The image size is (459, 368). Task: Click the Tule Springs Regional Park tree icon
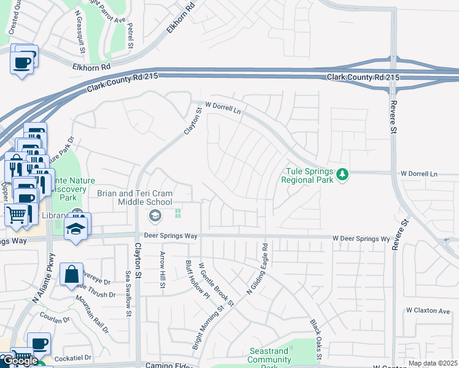(342, 175)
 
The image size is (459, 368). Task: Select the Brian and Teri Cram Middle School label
(135, 197)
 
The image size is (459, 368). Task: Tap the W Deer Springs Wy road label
(361, 238)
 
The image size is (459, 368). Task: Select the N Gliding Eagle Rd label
(257, 269)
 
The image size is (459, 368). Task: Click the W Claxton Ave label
(428, 311)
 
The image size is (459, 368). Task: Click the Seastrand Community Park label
(274, 355)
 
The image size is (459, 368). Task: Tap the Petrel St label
(130, 36)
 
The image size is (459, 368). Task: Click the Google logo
(20, 360)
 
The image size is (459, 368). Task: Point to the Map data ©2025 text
(433, 363)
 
